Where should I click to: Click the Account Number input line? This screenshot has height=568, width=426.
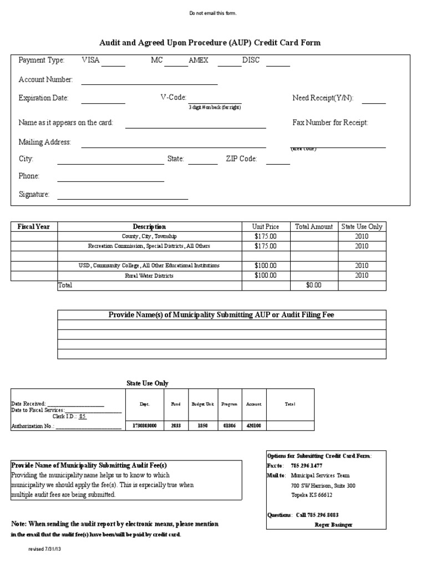(x=149, y=84)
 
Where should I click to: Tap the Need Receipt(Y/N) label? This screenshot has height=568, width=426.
(x=322, y=98)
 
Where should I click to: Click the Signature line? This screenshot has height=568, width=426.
(x=123, y=198)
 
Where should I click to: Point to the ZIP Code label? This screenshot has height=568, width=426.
(x=241, y=159)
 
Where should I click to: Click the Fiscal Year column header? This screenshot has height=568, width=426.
(x=34, y=226)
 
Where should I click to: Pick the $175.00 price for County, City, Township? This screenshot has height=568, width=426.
(x=265, y=236)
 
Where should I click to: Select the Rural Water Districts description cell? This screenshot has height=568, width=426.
(x=149, y=276)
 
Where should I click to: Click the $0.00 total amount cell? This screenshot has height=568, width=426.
(x=314, y=285)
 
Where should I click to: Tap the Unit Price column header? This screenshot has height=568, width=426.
(x=266, y=226)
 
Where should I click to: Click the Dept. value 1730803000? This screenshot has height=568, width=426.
(x=145, y=425)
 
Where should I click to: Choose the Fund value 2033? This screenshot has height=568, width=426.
(x=175, y=425)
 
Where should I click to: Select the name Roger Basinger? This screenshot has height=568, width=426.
(x=333, y=524)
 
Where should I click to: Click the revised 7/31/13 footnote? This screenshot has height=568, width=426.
(x=47, y=549)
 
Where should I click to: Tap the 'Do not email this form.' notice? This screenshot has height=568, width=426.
(x=213, y=13)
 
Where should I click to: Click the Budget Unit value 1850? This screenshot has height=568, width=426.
(x=202, y=425)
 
